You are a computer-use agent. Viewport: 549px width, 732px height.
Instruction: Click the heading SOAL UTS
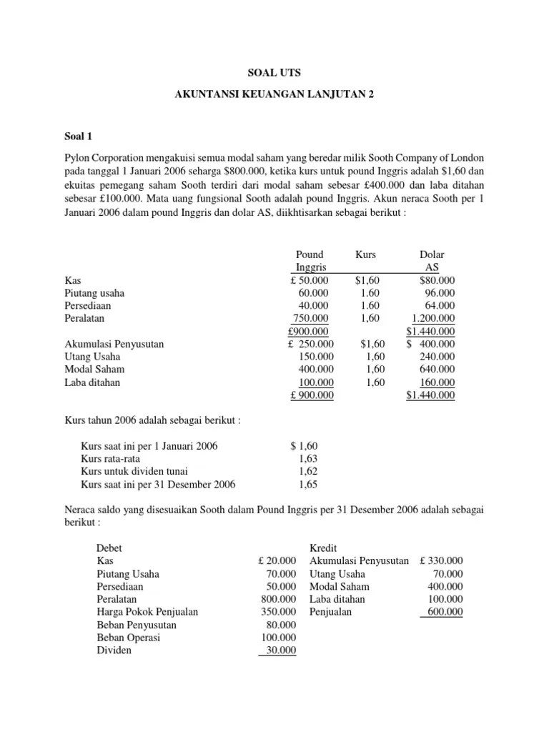[x=274, y=72]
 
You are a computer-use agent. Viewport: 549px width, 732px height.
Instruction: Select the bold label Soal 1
[x=79, y=136]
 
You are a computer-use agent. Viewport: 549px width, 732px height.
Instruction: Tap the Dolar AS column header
[x=436, y=261]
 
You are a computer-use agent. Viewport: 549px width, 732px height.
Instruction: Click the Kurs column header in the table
[x=365, y=254]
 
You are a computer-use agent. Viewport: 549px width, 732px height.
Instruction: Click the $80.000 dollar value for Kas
[x=437, y=280]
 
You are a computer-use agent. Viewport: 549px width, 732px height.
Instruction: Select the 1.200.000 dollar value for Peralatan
[x=433, y=318]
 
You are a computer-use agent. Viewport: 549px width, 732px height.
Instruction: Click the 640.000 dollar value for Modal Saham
[x=438, y=369]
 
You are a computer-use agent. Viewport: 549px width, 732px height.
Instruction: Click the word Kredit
[x=323, y=548]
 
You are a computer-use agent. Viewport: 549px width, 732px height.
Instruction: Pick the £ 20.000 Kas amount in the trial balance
[x=277, y=560]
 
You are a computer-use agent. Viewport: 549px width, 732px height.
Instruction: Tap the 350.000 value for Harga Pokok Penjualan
[x=279, y=612]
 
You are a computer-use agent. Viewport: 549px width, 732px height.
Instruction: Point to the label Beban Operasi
[x=129, y=638]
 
